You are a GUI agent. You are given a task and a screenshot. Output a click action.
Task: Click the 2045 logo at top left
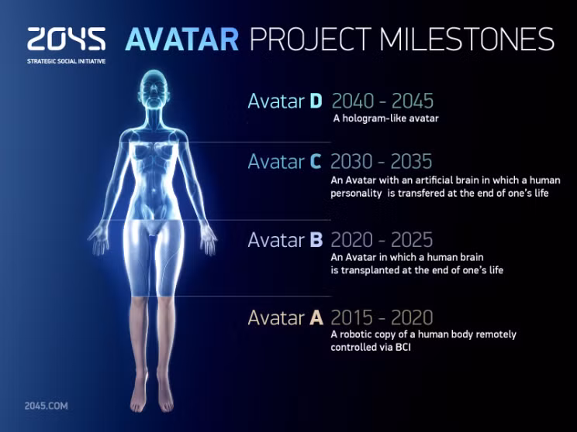(x=66, y=39)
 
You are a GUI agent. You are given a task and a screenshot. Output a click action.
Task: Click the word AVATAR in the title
(x=182, y=39)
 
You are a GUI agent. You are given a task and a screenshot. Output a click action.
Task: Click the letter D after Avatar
(x=316, y=101)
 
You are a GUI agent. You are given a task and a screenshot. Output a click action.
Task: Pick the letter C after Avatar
(x=315, y=162)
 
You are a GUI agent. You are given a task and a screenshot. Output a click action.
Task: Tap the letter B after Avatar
(x=316, y=240)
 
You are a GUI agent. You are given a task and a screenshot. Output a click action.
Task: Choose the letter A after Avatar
(x=316, y=317)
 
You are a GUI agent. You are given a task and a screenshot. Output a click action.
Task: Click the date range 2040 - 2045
(x=382, y=101)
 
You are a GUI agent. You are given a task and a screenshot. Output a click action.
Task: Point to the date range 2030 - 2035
(x=381, y=162)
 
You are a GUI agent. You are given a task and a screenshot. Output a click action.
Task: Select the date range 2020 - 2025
(x=382, y=240)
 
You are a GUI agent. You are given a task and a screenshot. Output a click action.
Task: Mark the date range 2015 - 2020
(x=382, y=317)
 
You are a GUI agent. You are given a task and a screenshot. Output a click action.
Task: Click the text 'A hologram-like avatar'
(x=385, y=119)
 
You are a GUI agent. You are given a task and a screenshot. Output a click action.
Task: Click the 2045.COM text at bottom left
(x=47, y=406)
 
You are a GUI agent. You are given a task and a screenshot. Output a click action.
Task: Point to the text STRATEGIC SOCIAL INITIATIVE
(x=66, y=60)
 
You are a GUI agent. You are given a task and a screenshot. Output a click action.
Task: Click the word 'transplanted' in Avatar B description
(x=371, y=270)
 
